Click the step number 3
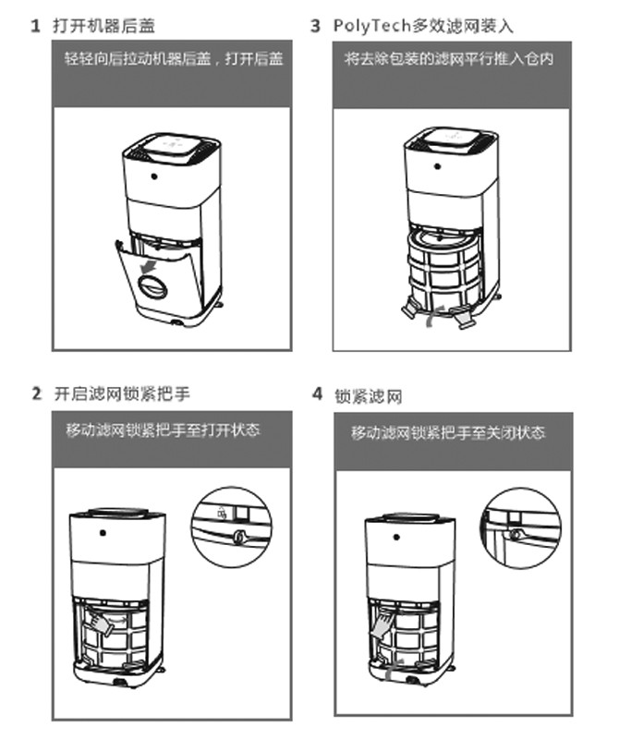coord(315,26)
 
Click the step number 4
coord(316,395)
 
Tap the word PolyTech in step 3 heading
coord(370,26)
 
